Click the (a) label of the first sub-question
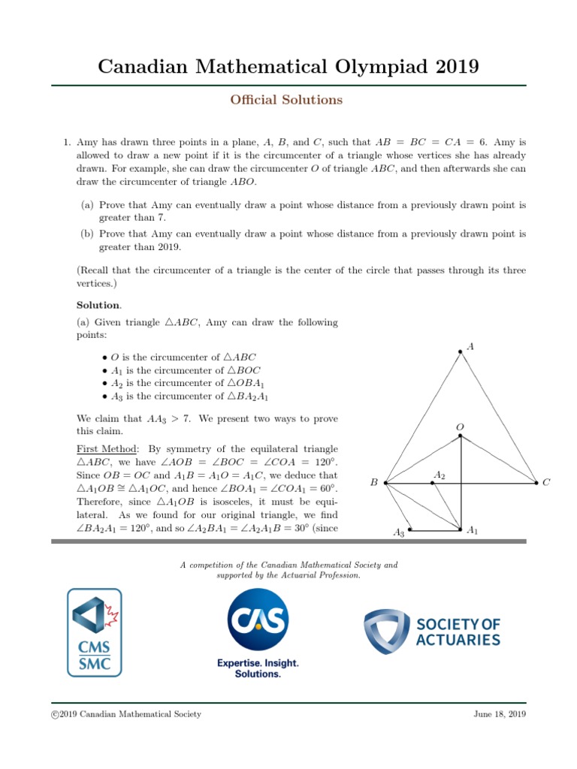[86, 204]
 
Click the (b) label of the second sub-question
[86, 234]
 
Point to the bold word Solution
[98, 305]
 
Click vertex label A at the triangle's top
[470, 346]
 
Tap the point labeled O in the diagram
[461, 427]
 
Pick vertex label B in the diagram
[373, 483]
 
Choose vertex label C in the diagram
[546, 483]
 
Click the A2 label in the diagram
[440, 475]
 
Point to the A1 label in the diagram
[473, 531]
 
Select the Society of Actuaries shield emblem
[387, 631]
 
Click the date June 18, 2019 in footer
[500, 714]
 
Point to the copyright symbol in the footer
[54, 714]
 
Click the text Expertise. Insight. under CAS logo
[258, 663]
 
